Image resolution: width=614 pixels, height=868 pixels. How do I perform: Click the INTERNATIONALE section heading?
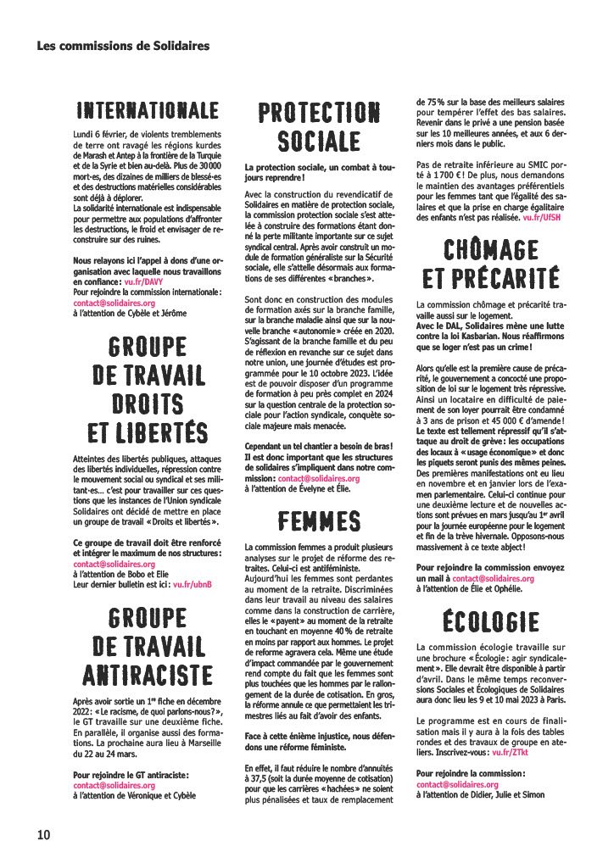click(x=147, y=111)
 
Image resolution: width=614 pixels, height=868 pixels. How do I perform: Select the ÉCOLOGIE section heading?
click(x=490, y=621)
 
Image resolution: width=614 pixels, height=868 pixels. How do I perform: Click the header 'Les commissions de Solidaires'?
click(x=122, y=45)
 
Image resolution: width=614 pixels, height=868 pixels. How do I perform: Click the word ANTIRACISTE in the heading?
click(x=147, y=675)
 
